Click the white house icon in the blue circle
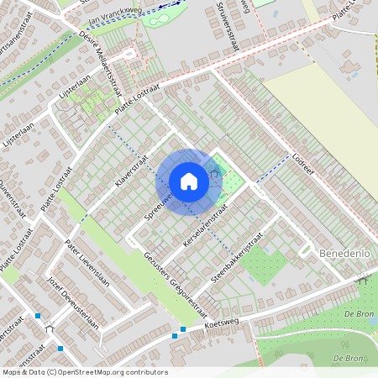[189, 181]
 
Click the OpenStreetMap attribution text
[84, 372]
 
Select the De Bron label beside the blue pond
[359, 312]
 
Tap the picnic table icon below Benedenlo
[363, 281]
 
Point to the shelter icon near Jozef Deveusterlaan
[53, 327]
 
